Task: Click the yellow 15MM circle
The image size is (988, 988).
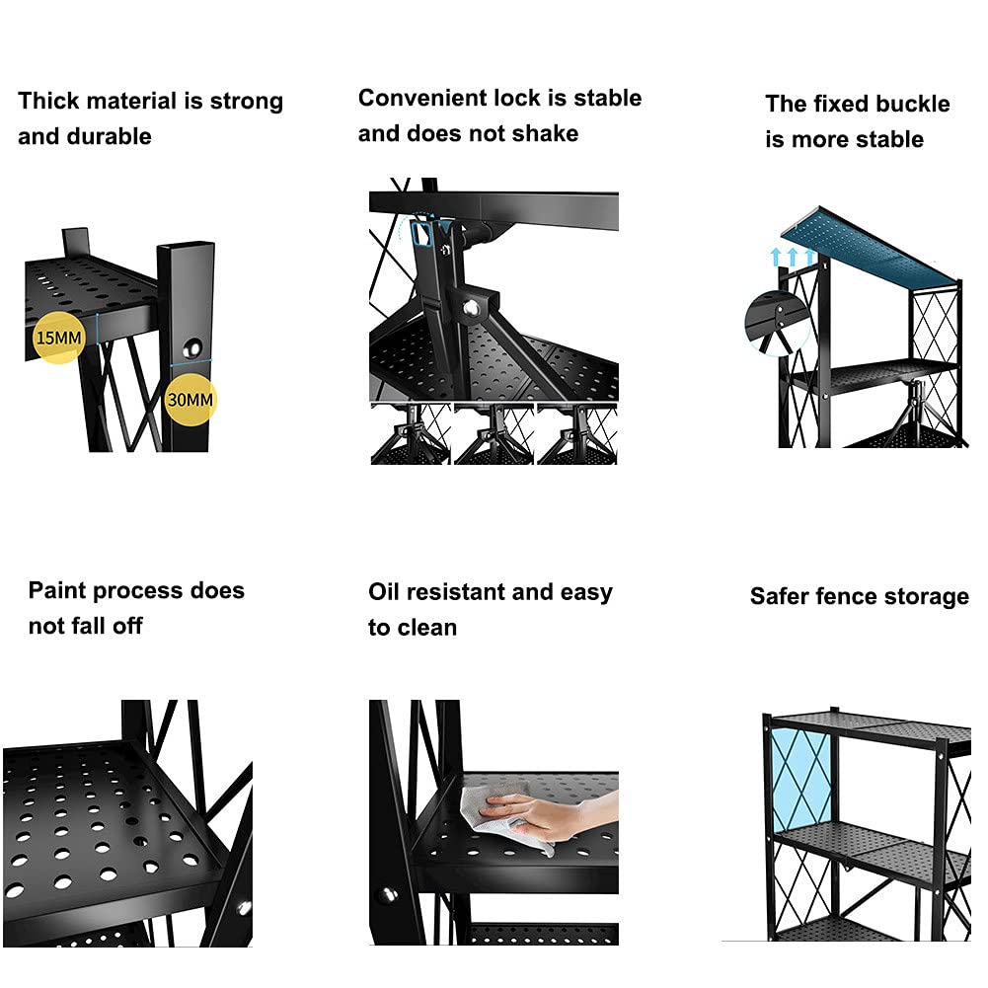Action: point(58,338)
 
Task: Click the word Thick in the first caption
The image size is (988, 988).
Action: point(49,101)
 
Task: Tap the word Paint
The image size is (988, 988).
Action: point(57,590)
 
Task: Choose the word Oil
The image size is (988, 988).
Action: point(384,592)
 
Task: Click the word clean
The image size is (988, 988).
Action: point(426,628)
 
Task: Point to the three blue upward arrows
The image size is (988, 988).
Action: point(793,257)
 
